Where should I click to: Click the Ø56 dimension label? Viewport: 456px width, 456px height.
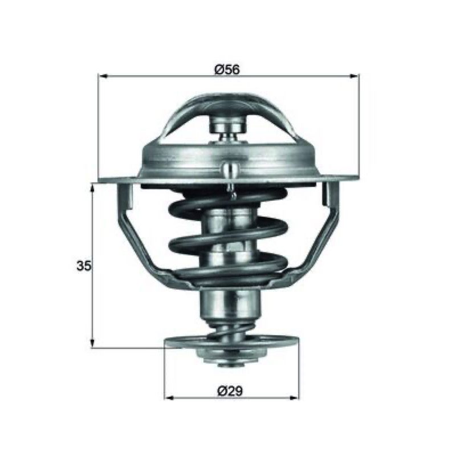point(227,70)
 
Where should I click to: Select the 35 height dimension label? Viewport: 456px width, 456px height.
point(84,266)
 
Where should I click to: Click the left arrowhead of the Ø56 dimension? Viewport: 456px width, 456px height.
point(103,76)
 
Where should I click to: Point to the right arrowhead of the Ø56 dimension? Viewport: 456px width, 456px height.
point(354,76)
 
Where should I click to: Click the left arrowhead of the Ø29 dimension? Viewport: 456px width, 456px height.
point(169,397)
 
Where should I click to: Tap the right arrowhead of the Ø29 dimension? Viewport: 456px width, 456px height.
point(294,397)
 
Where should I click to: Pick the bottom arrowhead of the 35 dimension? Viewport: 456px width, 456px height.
point(93,343)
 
